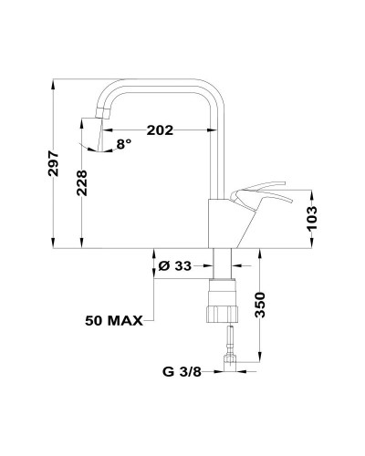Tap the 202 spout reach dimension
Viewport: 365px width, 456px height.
point(160,130)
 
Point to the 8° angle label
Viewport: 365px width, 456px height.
point(124,142)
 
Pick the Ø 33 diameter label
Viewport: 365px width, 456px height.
point(173,265)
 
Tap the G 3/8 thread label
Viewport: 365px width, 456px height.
point(182,371)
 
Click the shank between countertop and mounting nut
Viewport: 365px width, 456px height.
point(222,264)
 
